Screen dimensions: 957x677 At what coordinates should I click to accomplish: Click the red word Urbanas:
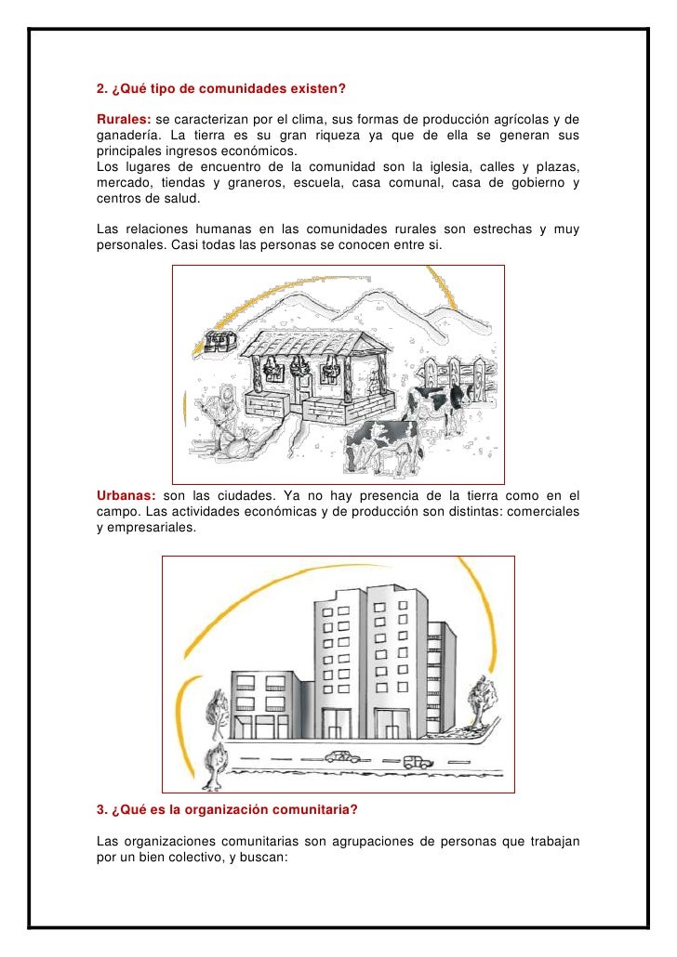[126, 494]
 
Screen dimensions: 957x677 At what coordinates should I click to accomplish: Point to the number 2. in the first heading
[102, 89]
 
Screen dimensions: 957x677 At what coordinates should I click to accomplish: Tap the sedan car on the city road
[342, 757]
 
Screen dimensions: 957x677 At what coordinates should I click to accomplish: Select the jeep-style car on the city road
[418, 762]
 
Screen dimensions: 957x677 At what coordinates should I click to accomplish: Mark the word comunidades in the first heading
[221, 89]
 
